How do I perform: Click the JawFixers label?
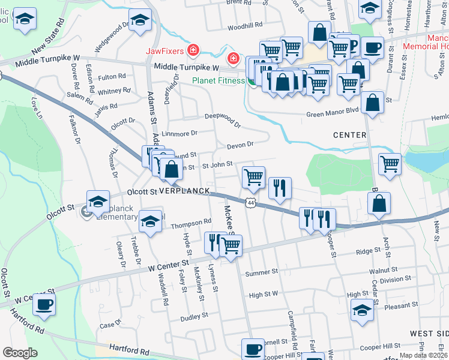[x=166, y=50]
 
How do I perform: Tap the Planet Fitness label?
[x=218, y=81]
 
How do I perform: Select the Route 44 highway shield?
[x=251, y=203]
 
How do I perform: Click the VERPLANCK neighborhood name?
[x=184, y=191]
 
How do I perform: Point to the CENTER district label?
[x=349, y=135]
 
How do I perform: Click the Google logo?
[x=20, y=352]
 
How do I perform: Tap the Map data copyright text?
[x=423, y=355]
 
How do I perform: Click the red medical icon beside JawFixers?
[x=193, y=50]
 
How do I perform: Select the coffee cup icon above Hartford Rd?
[x=44, y=304]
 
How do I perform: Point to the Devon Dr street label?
[x=240, y=145]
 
